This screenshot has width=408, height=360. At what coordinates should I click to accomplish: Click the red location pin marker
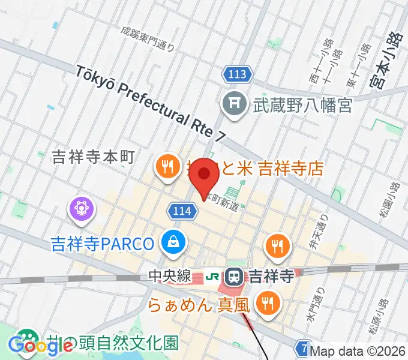[204, 175]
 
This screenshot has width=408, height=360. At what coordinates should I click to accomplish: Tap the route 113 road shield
[237, 75]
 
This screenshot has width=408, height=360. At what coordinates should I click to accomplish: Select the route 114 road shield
[180, 211]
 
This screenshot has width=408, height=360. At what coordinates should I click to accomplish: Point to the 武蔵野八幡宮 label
[298, 106]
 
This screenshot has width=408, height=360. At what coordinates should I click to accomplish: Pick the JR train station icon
[233, 277]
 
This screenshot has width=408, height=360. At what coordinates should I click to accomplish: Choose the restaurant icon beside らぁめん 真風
[265, 304]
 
